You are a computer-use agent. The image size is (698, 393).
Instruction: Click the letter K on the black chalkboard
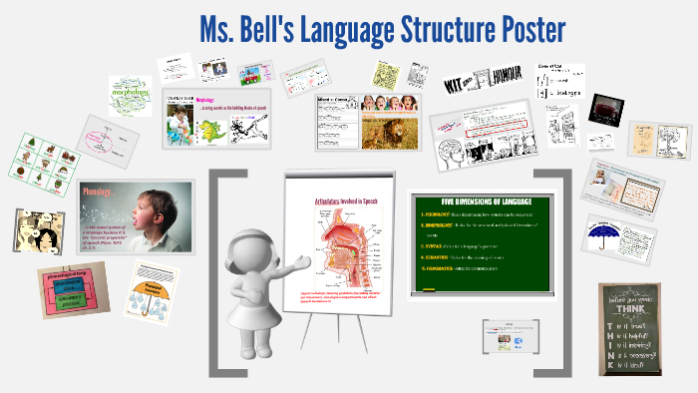click(609, 366)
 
